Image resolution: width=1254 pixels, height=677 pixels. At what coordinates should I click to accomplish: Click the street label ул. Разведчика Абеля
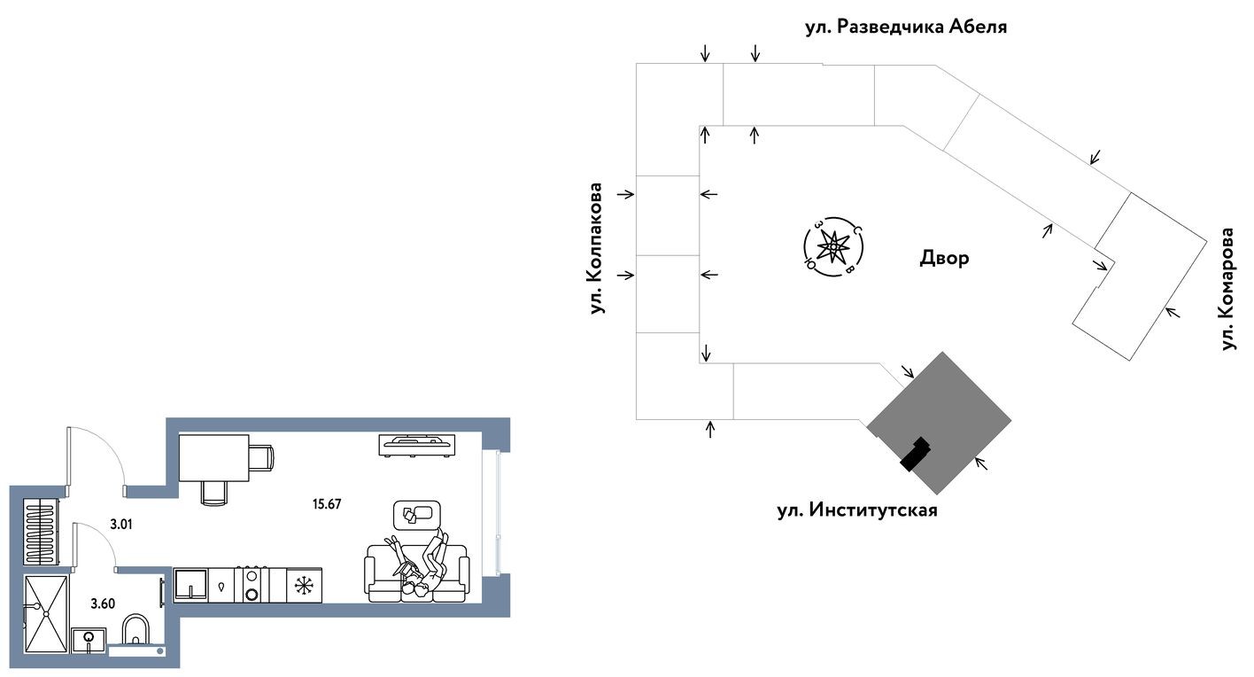click(x=905, y=27)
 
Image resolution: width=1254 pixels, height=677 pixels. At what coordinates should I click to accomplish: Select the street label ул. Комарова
click(x=1227, y=289)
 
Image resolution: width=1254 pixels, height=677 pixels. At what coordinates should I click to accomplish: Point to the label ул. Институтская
click(x=856, y=510)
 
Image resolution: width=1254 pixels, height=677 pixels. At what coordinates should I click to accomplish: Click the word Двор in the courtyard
click(x=944, y=258)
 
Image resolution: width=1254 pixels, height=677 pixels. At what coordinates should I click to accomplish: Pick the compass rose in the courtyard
click(x=832, y=247)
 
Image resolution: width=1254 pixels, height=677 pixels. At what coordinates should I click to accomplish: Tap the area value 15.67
click(x=327, y=504)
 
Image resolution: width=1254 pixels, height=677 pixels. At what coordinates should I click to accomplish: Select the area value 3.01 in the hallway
click(x=121, y=524)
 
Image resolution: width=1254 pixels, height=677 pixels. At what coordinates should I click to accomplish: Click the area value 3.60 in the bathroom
click(x=104, y=603)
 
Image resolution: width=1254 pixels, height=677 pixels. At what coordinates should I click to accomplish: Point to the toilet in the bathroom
click(x=136, y=630)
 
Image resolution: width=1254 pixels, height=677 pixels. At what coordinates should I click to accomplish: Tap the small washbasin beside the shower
click(x=89, y=637)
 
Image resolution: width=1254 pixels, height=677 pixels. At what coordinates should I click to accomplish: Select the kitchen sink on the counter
click(x=190, y=586)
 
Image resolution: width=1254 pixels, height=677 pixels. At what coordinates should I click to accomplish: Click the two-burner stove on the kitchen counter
click(x=252, y=585)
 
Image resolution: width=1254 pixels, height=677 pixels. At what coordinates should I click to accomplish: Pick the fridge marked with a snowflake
click(x=305, y=585)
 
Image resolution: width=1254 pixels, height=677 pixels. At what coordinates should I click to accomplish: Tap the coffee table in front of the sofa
click(x=416, y=513)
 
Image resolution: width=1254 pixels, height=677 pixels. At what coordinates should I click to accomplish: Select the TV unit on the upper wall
click(x=417, y=444)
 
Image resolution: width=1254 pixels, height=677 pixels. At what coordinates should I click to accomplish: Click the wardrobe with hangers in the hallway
click(x=41, y=532)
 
